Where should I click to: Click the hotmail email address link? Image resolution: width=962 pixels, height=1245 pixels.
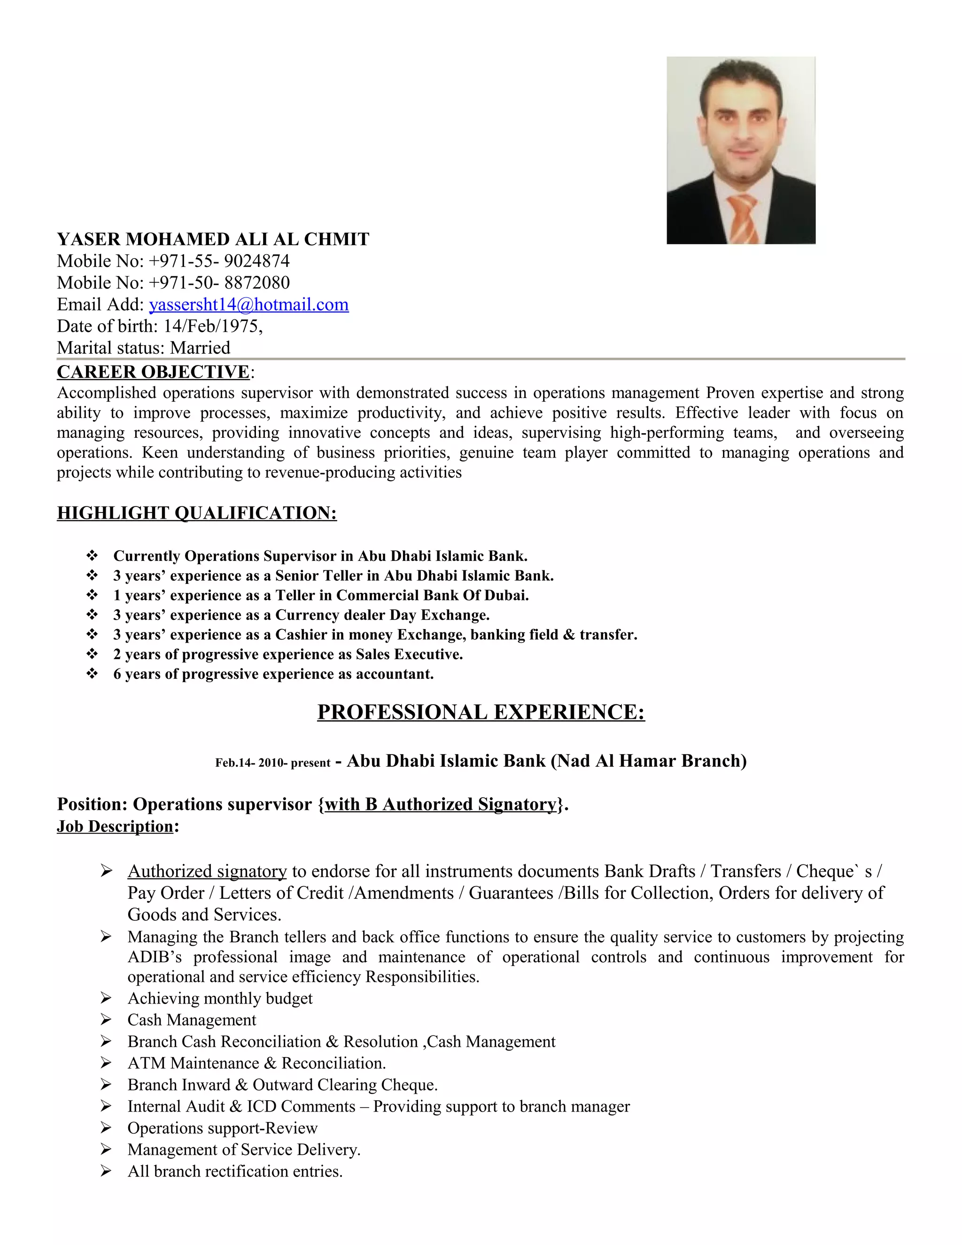point(248,305)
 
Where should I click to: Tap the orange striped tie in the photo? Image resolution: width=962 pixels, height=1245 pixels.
point(743,219)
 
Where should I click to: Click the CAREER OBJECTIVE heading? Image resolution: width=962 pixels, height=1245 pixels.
point(153,372)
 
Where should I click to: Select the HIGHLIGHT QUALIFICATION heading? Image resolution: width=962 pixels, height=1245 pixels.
point(197,513)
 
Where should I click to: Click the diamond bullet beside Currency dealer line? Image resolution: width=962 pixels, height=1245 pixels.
point(92,615)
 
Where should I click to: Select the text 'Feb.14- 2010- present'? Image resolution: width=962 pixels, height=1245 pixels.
point(272,763)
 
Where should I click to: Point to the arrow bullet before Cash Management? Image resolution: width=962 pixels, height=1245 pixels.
point(106,1019)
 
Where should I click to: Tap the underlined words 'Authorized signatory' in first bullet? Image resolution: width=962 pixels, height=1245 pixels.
point(207,871)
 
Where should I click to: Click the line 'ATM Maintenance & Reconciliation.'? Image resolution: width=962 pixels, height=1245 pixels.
point(256,1063)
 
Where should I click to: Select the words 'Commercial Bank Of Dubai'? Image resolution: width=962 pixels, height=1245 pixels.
point(432,595)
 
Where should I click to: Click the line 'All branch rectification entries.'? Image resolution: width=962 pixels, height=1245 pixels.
point(235,1171)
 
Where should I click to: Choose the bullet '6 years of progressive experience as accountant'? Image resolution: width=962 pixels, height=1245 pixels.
point(273,674)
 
